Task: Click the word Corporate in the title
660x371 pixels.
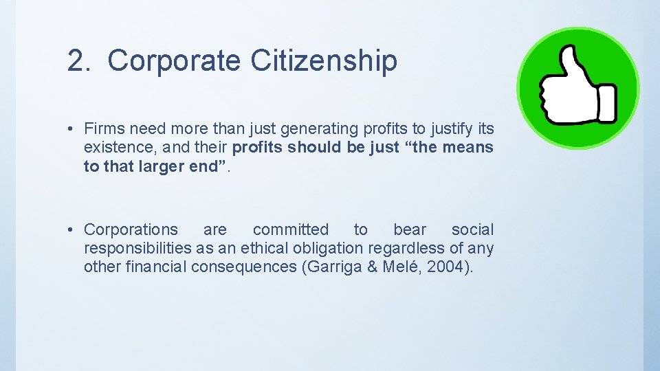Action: (x=175, y=60)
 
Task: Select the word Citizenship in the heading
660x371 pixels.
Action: (x=323, y=60)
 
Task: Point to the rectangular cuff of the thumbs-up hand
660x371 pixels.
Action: (x=606, y=103)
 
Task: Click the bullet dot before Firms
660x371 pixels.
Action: (x=71, y=128)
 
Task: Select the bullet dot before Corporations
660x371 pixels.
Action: (x=71, y=230)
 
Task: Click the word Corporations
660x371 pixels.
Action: (x=131, y=230)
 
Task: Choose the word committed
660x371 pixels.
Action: (x=291, y=230)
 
